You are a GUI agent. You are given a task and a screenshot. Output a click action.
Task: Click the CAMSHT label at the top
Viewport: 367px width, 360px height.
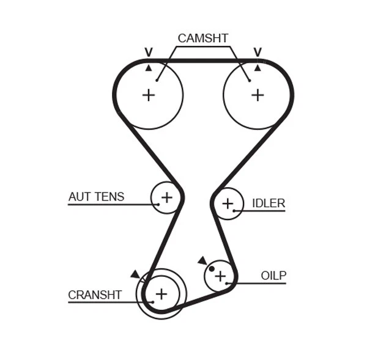[x=203, y=38]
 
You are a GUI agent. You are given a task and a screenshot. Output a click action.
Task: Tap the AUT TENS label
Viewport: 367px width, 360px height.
[x=96, y=197]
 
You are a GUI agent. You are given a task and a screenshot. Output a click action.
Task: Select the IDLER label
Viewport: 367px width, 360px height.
[x=269, y=203]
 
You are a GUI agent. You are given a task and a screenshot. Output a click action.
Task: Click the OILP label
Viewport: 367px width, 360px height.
[x=273, y=276]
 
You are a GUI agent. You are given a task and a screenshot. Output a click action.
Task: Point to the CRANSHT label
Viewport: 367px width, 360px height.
[x=95, y=295]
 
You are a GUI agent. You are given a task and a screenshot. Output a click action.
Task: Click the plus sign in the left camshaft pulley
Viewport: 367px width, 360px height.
[x=149, y=95]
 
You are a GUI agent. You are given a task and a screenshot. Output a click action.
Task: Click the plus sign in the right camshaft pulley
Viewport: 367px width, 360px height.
[x=258, y=95]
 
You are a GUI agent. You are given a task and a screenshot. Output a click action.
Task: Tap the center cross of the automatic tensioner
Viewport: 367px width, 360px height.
[x=166, y=197]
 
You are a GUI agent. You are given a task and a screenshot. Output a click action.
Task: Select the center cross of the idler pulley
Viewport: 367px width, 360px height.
[x=228, y=204]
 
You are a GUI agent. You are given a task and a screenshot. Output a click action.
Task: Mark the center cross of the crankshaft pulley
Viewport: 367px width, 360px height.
[x=161, y=294]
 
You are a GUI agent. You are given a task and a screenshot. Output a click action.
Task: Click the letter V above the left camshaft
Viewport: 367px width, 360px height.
[x=148, y=52]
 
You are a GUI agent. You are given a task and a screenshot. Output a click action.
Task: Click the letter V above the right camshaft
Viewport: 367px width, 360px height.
[x=258, y=52]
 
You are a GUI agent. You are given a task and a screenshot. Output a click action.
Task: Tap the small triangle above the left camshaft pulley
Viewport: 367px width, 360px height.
[x=148, y=67]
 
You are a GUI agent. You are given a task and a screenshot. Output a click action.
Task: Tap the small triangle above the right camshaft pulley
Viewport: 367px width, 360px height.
[x=258, y=67]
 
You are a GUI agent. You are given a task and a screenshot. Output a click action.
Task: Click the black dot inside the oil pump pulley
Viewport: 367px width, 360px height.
[x=212, y=268]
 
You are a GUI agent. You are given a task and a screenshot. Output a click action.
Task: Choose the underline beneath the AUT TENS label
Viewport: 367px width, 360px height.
[x=110, y=204]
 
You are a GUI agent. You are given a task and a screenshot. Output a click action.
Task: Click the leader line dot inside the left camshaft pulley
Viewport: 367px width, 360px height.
[x=157, y=79]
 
